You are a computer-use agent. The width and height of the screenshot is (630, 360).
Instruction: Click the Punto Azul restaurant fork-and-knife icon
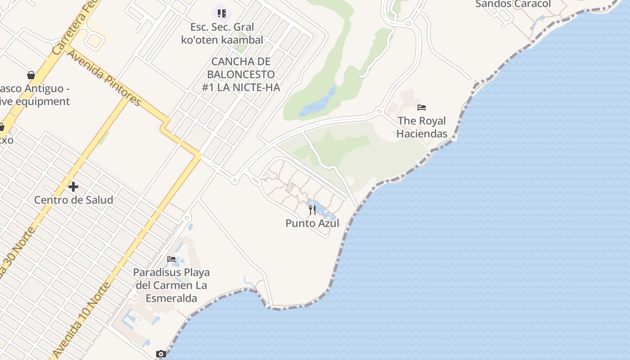pyautogui.click(x=312, y=210)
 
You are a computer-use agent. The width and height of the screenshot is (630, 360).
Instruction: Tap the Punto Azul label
pyautogui.click(x=312, y=223)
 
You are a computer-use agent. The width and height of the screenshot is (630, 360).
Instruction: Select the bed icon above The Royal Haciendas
pyautogui.click(x=422, y=108)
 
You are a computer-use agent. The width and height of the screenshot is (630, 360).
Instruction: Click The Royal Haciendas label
pyautogui.click(x=422, y=127)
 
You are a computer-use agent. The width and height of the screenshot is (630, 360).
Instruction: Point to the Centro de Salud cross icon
pyautogui.click(x=73, y=186)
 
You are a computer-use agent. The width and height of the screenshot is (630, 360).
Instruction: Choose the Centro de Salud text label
pyautogui.click(x=74, y=200)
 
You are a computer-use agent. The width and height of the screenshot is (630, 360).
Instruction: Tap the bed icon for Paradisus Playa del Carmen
pyautogui.click(x=171, y=259)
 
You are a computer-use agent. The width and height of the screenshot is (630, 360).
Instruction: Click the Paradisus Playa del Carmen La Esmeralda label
pyautogui.click(x=171, y=285)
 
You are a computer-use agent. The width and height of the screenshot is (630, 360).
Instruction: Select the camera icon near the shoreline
pyautogui.click(x=161, y=354)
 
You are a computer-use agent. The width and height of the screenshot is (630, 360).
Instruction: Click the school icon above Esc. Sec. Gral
pyautogui.click(x=222, y=13)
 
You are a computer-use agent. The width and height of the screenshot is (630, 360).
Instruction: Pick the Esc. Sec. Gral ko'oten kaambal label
pyautogui.click(x=222, y=33)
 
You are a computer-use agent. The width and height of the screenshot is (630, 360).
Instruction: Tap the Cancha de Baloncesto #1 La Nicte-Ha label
pyautogui.click(x=241, y=74)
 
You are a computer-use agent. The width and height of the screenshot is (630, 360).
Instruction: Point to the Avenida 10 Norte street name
pyautogui.click(x=81, y=319)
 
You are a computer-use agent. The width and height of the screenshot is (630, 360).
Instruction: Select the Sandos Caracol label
pyautogui.click(x=513, y=4)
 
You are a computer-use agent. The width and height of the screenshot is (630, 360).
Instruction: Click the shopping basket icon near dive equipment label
pyautogui.click(x=31, y=75)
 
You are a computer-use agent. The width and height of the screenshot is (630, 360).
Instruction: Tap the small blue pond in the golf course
pyautogui.click(x=320, y=103)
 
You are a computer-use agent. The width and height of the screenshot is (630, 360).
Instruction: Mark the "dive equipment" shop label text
pyautogui.click(x=34, y=101)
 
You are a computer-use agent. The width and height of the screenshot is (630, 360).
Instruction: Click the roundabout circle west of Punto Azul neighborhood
pyautogui.click(x=234, y=180)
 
